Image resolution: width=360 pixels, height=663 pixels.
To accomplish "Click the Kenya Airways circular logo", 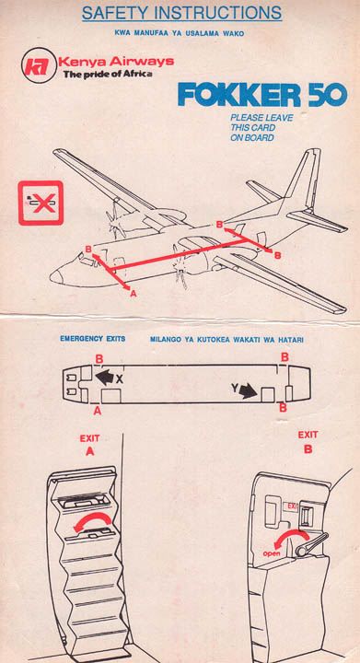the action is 39,65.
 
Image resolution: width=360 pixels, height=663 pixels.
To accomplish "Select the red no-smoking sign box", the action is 41,203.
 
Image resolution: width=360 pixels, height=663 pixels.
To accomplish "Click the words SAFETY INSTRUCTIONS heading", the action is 181,13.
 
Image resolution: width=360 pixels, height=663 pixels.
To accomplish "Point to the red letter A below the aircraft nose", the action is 134,293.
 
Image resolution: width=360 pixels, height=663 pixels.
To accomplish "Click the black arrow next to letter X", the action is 105,378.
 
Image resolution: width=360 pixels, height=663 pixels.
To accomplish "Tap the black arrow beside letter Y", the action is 248,391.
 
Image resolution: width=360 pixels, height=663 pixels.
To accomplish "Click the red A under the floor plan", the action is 98,410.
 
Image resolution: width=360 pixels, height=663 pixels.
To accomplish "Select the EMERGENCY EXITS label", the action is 93,339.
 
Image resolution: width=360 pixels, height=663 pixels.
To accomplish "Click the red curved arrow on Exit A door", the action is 93,521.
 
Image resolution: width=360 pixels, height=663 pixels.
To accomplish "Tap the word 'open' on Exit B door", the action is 272,553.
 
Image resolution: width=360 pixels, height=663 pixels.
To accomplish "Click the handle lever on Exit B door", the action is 312,543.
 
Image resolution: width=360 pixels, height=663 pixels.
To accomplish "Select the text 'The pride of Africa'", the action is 108,75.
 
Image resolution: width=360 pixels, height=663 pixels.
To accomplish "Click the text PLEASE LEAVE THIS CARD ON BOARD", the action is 261,128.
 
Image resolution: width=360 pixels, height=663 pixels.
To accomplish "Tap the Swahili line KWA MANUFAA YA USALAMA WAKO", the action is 180,33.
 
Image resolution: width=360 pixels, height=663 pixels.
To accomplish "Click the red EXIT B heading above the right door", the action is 308,442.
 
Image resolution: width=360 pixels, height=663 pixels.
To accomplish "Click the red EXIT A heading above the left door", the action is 89,446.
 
